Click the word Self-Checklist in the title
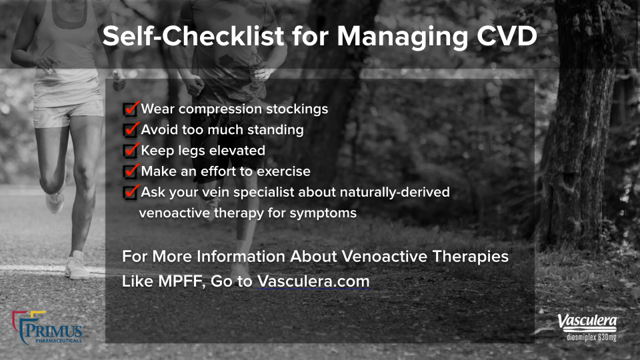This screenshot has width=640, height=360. click(x=193, y=36)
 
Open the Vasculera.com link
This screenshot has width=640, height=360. click(x=313, y=281)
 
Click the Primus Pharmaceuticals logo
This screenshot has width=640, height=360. click(x=47, y=328)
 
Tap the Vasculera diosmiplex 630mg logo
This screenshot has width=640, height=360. click(x=588, y=327)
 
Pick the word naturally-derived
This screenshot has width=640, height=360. click(x=395, y=193)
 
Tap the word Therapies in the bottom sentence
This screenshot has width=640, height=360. click(x=470, y=257)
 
